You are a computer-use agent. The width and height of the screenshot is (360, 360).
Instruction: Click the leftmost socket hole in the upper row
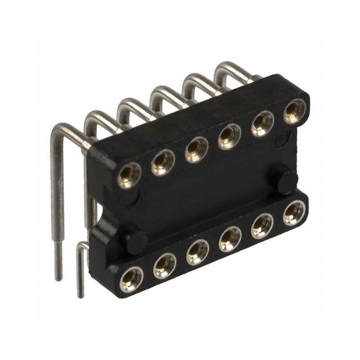130,175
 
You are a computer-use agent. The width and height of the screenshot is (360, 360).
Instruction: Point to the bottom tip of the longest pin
58,277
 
